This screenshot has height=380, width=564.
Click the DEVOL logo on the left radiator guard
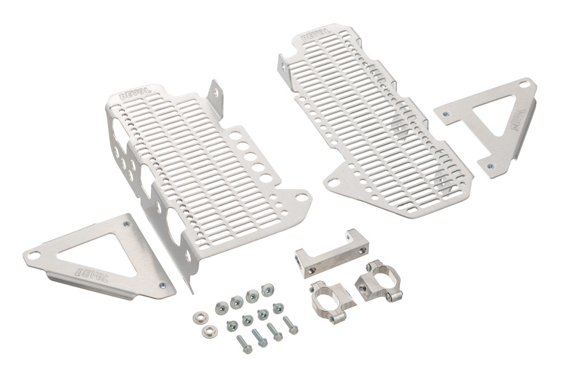click(x=132, y=95)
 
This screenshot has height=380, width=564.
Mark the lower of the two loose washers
click(x=209, y=330)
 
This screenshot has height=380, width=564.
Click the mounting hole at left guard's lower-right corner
click(x=301, y=196)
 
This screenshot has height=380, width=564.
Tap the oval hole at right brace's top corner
click(x=523, y=84)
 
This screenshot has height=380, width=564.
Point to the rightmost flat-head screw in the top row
click(x=267, y=290)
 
